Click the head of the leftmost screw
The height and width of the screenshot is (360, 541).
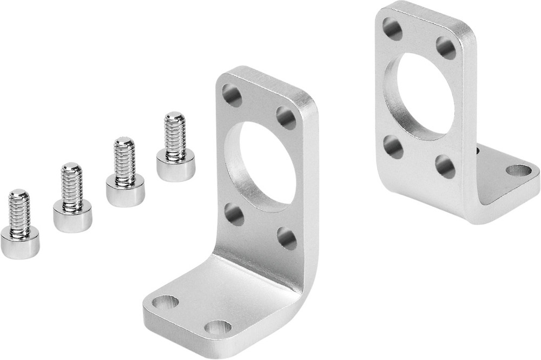pos(19,243)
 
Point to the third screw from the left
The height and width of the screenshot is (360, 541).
pos(125,173)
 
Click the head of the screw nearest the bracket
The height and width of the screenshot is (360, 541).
pos(175,166)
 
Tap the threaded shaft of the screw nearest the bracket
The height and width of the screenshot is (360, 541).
pos(175,135)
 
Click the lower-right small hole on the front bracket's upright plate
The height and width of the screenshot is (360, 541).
pos(287,238)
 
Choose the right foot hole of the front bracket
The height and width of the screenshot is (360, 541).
pos(218,328)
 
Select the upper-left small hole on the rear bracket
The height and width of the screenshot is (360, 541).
pos(393,29)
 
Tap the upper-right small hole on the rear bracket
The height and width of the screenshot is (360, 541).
pos(446,48)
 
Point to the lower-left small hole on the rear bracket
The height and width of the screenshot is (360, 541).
pos(393,147)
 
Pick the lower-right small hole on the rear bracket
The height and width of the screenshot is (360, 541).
pos(445,166)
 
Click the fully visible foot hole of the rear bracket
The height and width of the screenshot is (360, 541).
pos(519,171)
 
